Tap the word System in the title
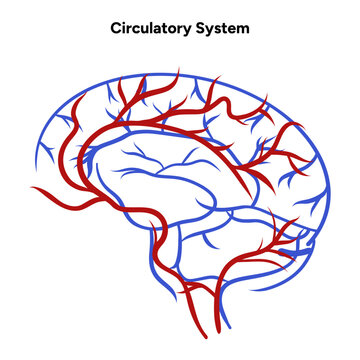(x=224, y=29)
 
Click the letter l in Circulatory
(x=153, y=29)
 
